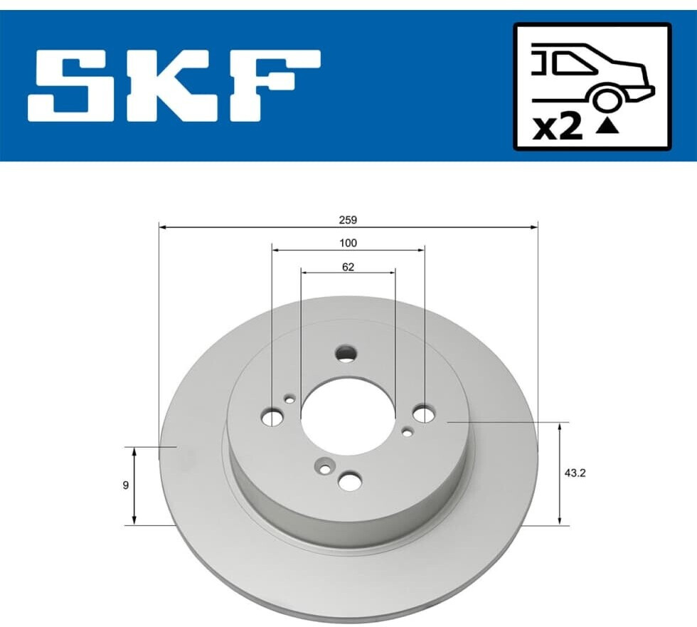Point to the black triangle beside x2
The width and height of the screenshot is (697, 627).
[x=607, y=127]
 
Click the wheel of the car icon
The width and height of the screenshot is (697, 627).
[x=606, y=100]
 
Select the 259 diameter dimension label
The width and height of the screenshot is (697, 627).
[x=348, y=220]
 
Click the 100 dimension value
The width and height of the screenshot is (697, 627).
[x=348, y=243]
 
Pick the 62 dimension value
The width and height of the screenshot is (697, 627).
[x=348, y=267]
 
